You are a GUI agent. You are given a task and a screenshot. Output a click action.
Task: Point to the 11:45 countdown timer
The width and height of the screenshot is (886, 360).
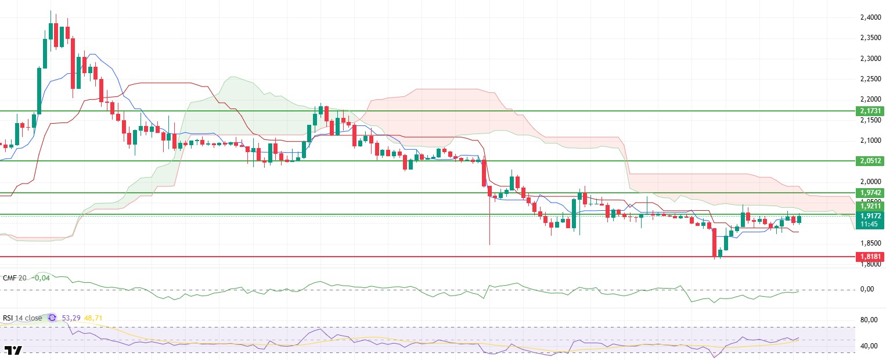869,224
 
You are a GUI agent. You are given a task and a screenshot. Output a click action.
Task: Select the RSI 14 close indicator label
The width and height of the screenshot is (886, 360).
23,318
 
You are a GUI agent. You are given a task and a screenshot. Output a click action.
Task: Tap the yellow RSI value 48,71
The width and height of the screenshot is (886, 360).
94,318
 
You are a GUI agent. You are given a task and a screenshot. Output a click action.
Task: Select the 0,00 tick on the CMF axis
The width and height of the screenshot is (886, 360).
867,289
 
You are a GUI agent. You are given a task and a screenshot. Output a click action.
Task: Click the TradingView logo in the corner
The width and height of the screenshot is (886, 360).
13,350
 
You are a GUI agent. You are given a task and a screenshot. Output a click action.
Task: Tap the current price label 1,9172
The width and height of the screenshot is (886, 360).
869,215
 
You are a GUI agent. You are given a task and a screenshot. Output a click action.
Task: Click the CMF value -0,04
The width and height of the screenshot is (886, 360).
42,278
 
